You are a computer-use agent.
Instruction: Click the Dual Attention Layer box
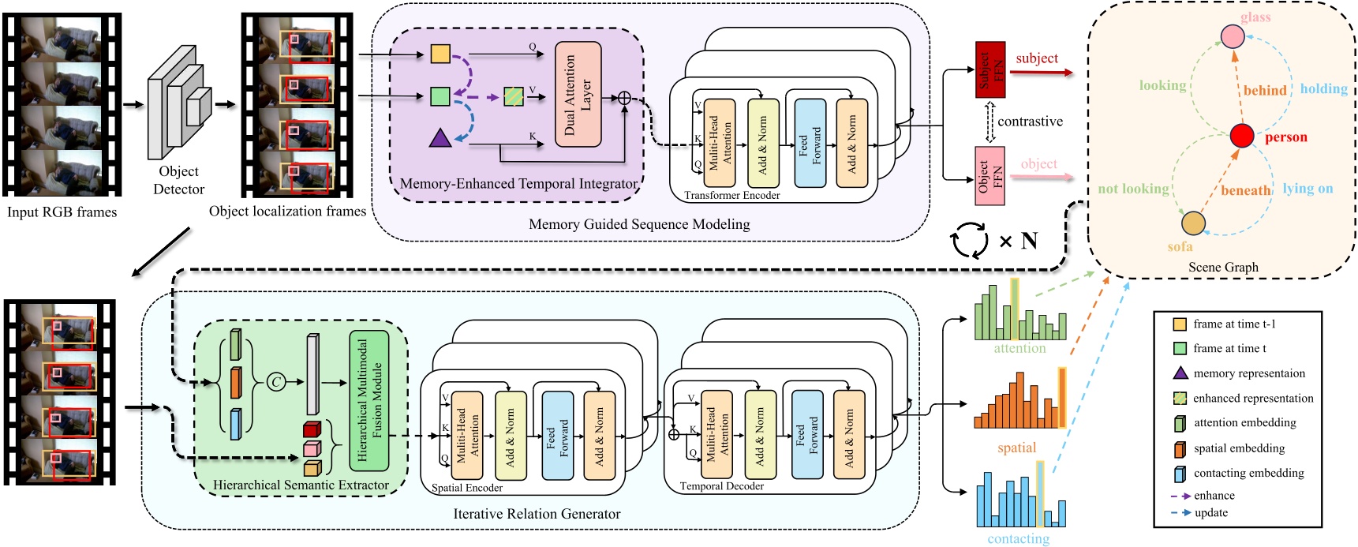click(578, 94)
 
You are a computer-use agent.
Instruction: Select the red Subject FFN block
click(990, 69)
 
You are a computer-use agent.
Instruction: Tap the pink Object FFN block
click(990, 175)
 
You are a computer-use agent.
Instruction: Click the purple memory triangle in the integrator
click(440, 139)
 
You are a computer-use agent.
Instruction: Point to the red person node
click(1242, 136)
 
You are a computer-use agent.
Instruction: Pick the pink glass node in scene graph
click(1232, 36)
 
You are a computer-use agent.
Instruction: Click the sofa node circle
click(1192, 223)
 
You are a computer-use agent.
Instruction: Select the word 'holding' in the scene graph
click(1323, 89)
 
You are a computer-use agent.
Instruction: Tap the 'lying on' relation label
click(1307, 189)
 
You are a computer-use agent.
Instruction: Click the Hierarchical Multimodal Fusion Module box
click(369, 401)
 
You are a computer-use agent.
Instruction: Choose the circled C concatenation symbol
click(276, 382)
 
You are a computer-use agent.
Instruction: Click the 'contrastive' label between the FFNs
click(1030, 122)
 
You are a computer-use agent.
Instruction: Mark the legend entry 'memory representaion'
click(1248, 373)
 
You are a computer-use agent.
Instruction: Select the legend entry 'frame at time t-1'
click(1233, 324)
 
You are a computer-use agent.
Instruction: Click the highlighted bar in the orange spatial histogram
click(1062, 398)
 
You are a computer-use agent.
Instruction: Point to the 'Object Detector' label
click(179, 180)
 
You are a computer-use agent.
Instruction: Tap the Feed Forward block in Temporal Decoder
click(806, 434)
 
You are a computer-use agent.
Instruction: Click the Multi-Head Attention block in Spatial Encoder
click(466, 436)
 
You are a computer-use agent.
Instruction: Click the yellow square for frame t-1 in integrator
click(440, 54)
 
